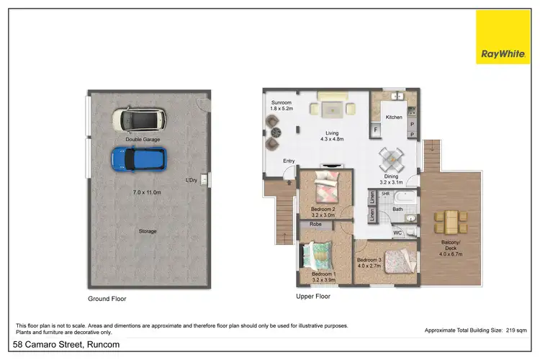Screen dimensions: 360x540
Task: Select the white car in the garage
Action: point(139,119)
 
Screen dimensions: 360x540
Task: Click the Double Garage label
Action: point(143,139)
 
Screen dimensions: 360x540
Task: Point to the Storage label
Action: point(148,231)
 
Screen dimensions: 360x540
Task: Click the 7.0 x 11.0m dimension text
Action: point(148,193)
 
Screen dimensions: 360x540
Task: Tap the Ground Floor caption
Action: point(107,298)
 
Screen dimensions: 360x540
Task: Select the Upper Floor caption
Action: point(314,296)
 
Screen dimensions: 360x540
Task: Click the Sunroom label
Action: point(282,104)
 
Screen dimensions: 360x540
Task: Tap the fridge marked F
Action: point(375,130)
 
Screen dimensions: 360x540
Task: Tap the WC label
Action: point(397,233)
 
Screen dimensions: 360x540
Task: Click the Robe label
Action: point(315,225)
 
